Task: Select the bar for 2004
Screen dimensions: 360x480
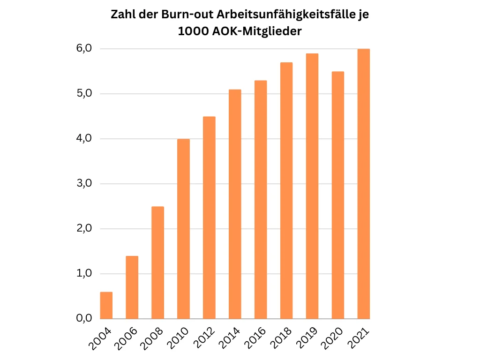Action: [106, 305]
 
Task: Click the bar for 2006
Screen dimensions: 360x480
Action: [132, 287]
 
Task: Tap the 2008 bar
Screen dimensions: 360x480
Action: [157, 262]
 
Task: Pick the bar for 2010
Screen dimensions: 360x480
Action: [183, 229]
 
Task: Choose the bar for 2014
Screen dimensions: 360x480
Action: [235, 204]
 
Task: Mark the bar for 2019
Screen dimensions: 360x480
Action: [312, 186]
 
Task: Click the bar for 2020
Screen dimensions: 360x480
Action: [338, 195]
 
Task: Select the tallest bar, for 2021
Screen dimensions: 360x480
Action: [364, 184]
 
